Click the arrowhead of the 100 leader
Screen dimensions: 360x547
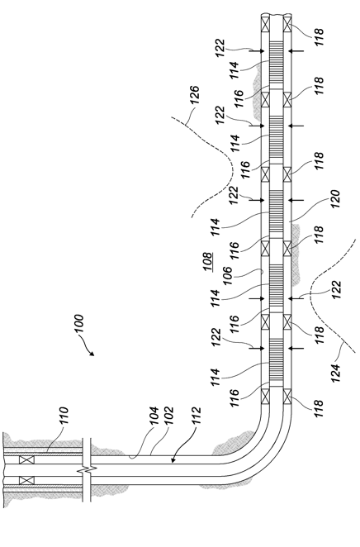click(x=92, y=354)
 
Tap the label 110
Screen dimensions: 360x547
click(x=64, y=416)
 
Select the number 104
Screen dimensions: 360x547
click(x=154, y=416)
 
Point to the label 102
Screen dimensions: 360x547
click(x=168, y=416)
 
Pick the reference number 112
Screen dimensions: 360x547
click(x=196, y=416)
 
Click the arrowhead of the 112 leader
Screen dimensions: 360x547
click(x=173, y=461)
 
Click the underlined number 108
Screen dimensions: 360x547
click(x=207, y=262)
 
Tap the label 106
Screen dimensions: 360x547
click(x=227, y=276)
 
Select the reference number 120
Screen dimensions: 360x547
click(x=334, y=199)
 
